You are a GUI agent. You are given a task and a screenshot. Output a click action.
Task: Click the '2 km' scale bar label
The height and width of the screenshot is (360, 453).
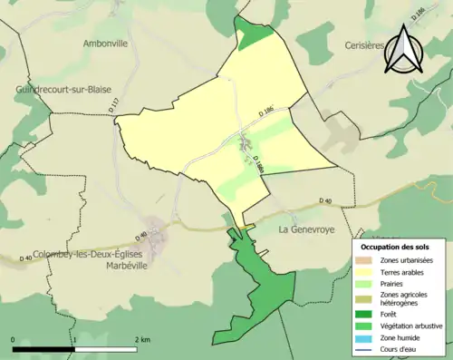[142, 338]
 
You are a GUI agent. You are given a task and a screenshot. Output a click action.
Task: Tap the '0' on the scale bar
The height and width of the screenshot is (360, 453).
[14, 338]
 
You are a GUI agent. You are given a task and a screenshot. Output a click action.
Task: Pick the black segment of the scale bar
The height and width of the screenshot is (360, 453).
[45, 348]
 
